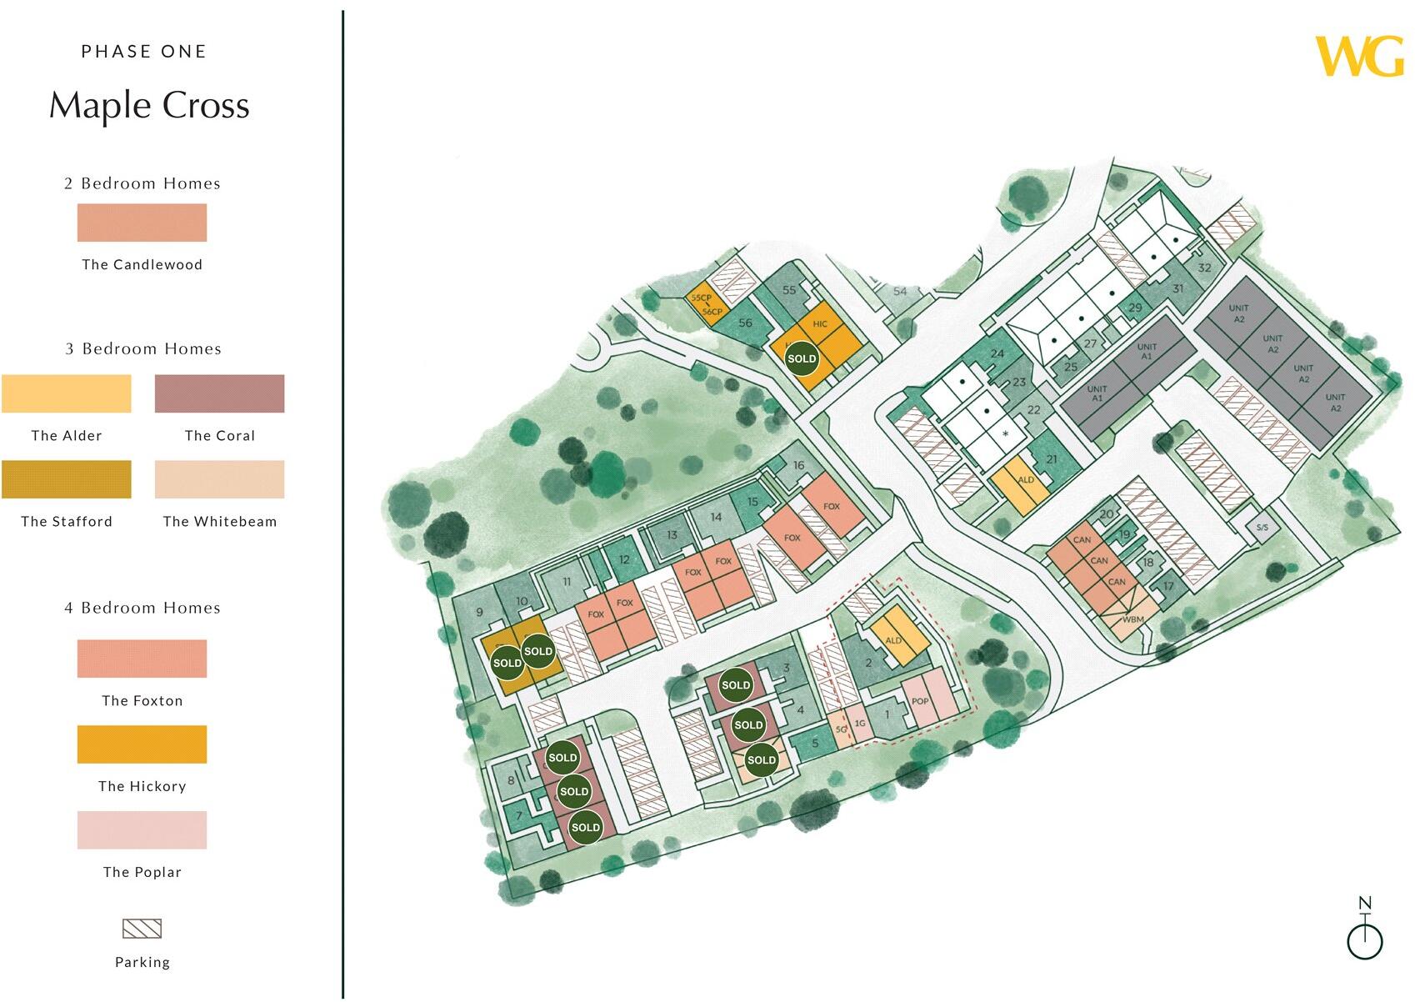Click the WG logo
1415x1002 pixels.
(1359, 57)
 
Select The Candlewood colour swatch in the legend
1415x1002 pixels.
(142, 223)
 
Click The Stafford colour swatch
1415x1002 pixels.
(67, 479)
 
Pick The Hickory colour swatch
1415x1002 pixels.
(142, 744)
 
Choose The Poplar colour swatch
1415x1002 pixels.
(142, 830)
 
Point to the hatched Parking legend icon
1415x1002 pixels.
(142, 929)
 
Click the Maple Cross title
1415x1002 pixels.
(149, 106)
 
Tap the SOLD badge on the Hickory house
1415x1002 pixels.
(802, 358)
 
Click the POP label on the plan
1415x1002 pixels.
(920, 701)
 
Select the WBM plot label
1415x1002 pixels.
(1132, 619)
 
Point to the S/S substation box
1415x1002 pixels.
(1262, 528)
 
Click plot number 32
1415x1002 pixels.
(1204, 268)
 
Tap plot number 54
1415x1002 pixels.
(900, 292)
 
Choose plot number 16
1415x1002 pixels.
(798, 466)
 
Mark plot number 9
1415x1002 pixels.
(479, 612)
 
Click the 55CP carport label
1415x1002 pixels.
(701, 298)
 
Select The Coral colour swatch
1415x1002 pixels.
(219, 393)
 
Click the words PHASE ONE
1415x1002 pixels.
(143, 52)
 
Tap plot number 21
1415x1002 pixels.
(1052, 459)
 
